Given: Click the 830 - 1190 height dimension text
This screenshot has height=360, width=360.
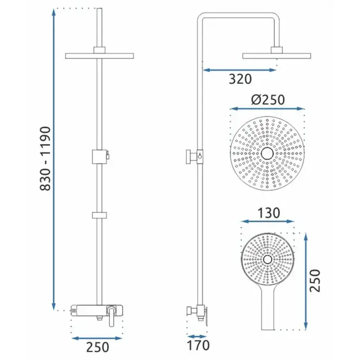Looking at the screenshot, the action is [x=45, y=159].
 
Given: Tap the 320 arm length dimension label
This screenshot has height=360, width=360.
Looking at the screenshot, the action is [x=240, y=79].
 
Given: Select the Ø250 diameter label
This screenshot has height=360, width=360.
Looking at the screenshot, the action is [x=268, y=100].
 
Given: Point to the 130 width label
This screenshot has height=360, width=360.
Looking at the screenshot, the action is [x=269, y=213].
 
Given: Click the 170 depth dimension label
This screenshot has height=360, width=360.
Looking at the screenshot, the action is [x=198, y=345].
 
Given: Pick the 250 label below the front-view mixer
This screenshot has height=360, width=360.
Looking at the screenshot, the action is [x=97, y=347].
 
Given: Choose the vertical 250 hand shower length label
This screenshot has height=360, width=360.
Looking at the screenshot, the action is [x=315, y=280].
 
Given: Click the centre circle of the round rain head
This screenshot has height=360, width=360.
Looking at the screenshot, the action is [x=267, y=153].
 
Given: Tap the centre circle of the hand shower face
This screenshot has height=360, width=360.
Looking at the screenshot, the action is [x=267, y=259].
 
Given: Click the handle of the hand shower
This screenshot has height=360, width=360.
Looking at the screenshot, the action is [x=268, y=307].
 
